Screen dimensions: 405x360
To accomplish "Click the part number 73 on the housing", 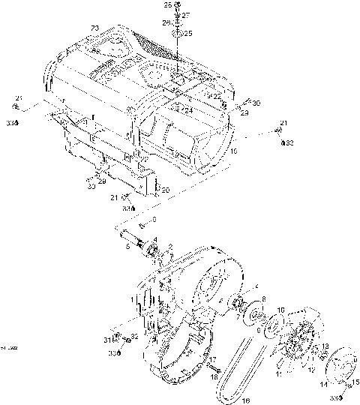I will point(94,28).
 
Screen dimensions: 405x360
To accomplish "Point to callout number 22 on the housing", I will point(217,96).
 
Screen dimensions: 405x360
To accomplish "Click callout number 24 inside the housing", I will point(189,110).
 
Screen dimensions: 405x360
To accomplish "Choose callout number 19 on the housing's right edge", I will point(234,151).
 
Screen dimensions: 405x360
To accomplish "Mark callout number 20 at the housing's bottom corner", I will point(166,190).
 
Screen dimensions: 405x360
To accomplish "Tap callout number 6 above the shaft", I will point(154,218).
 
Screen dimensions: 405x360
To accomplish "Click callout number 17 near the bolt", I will point(214,360).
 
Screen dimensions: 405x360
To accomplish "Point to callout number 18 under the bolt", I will point(214,377).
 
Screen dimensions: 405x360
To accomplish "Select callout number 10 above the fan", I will point(280,309).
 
